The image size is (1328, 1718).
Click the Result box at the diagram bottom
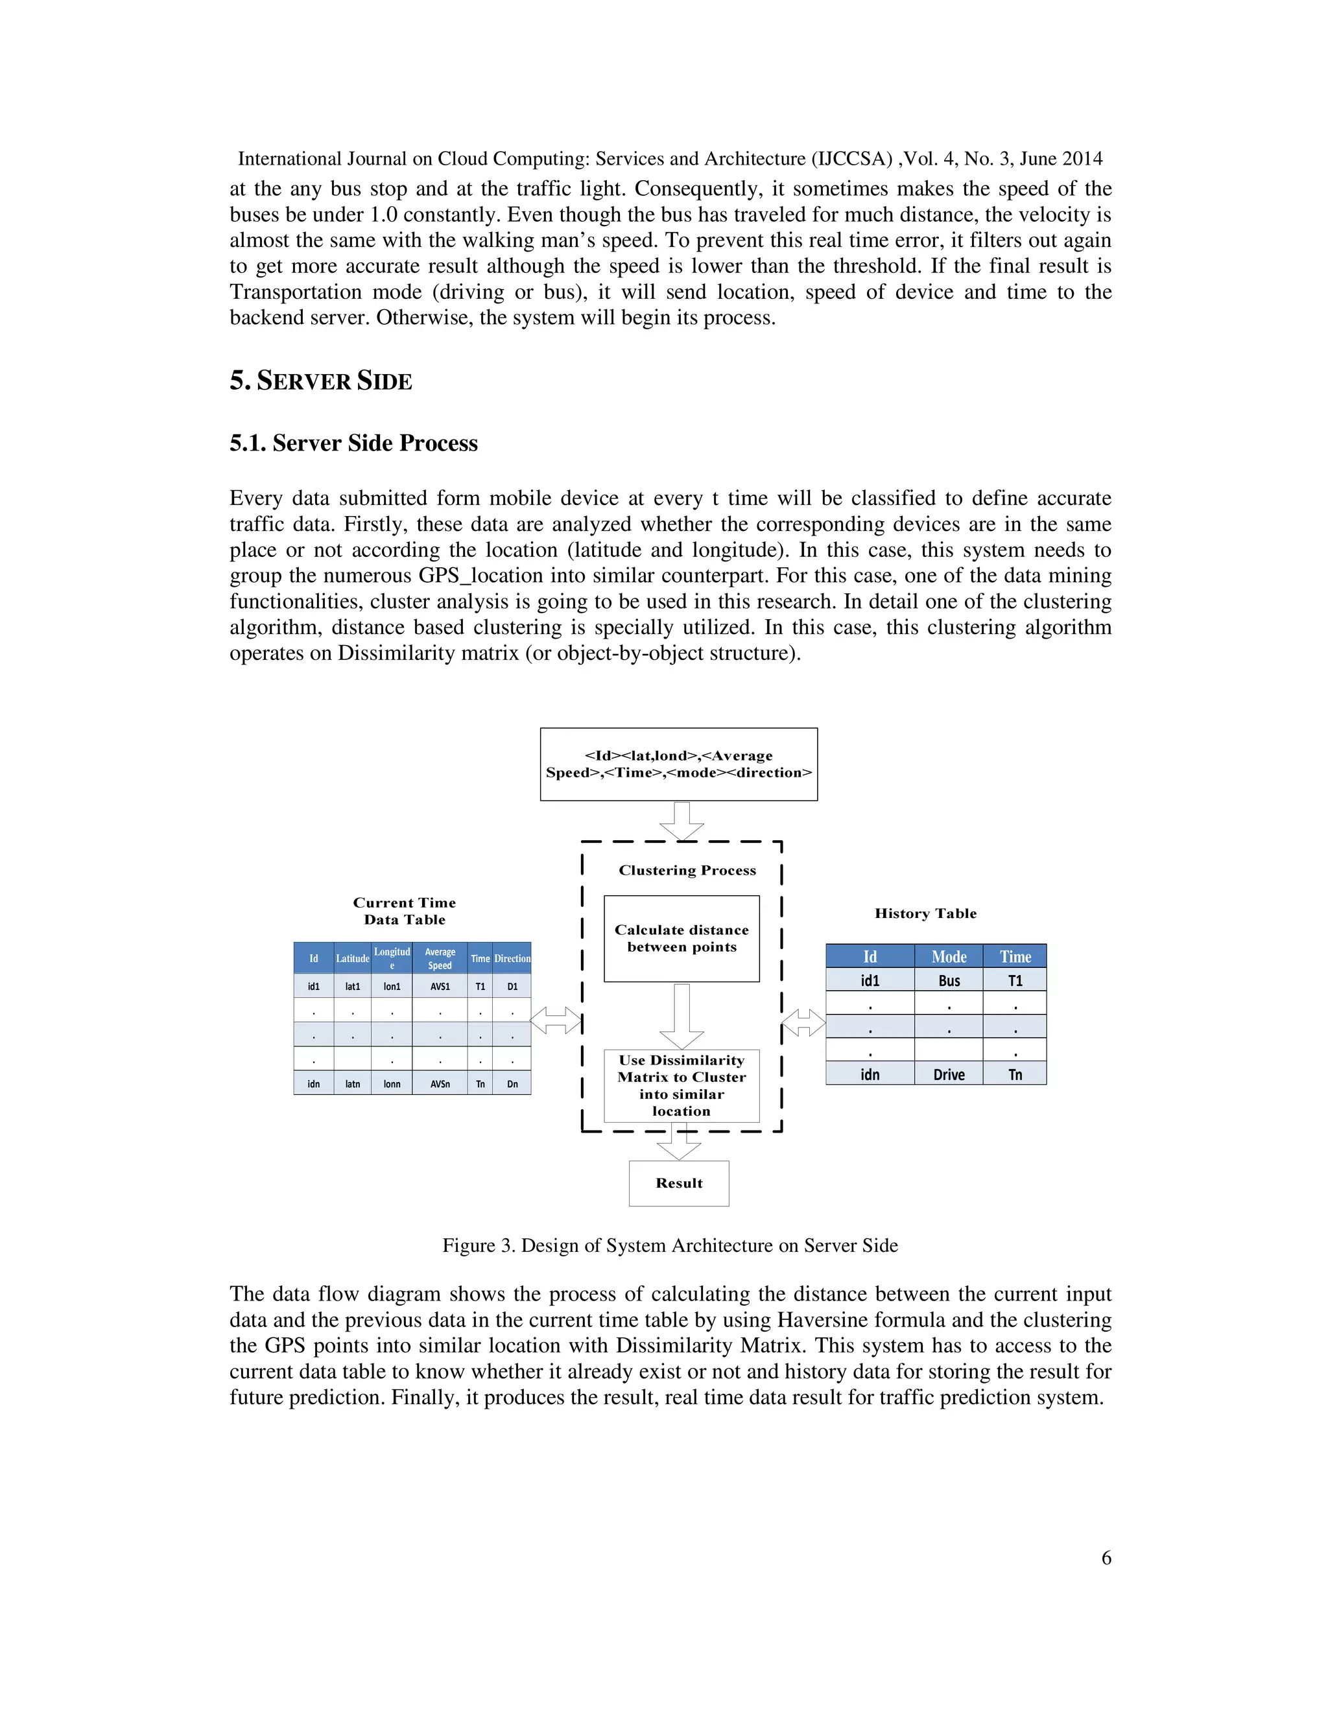pyautogui.click(x=679, y=1183)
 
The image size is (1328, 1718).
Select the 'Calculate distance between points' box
pyautogui.click(x=682, y=939)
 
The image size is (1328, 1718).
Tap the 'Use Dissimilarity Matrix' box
pyautogui.click(x=682, y=1085)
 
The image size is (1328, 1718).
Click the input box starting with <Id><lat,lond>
pyautogui.click(x=678, y=764)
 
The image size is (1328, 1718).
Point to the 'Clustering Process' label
pyautogui.click(x=687, y=870)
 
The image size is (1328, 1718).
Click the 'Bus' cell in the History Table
pyautogui.click(x=949, y=980)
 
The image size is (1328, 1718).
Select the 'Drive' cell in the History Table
pyautogui.click(x=949, y=1074)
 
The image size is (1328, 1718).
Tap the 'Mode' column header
pyautogui.click(x=949, y=956)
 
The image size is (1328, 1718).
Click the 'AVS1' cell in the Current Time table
pyautogui.click(x=440, y=987)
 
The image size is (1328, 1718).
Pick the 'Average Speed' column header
pyautogui.click(x=440, y=958)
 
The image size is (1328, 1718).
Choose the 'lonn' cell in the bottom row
pyautogui.click(x=392, y=1084)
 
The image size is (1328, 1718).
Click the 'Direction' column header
pyautogui.click(x=512, y=958)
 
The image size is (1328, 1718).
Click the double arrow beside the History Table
pyautogui.click(x=804, y=1024)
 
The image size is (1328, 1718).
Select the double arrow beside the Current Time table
pyautogui.click(x=556, y=1020)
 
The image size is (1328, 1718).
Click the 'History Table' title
pyautogui.click(x=925, y=913)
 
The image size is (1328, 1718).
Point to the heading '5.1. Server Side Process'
pyautogui.click(x=353, y=443)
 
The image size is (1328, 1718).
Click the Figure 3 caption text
pyautogui.click(x=669, y=1245)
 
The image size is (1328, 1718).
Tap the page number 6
pyautogui.click(x=1106, y=1557)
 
